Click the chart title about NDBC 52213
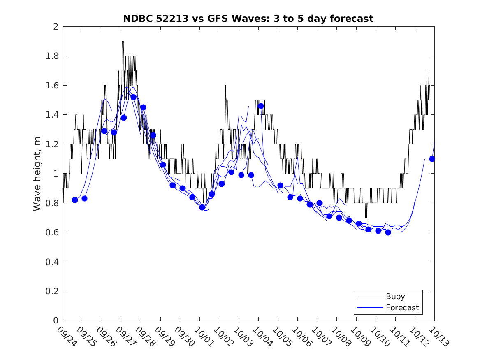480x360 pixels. pyautogui.click(x=248, y=19)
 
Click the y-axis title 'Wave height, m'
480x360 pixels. pyautogui.click(x=37, y=174)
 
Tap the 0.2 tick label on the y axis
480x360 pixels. pyautogui.click(x=53, y=291)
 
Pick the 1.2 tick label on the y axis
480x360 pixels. pyautogui.click(x=53, y=144)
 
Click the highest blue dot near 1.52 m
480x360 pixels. pyautogui.click(x=133, y=97)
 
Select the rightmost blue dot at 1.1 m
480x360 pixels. pyautogui.click(x=432, y=159)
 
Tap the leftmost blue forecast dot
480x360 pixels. pyautogui.click(x=75, y=200)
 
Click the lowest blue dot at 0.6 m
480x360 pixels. pyautogui.click(x=388, y=232)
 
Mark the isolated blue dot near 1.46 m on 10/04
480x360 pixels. pyautogui.click(x=261, y=106)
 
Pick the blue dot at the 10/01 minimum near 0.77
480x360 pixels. pyautogui.click(x=202, y=207)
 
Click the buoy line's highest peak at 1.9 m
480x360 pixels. pyautogui.click(x=123, y=42)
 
